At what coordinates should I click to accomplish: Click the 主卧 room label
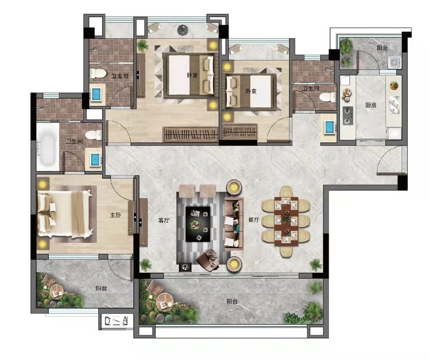click(115, 215)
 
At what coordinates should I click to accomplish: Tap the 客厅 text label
click(164, 221)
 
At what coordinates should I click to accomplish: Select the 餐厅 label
click(253, 220)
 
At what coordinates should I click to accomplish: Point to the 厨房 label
click(371, 105)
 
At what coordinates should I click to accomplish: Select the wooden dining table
click(286, 221)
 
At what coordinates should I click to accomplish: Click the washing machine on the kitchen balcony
click(395, 62)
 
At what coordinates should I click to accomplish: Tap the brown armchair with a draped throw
click(208, 260)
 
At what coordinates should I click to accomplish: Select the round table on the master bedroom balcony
click(56, 291)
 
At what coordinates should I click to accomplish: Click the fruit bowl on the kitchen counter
click(394, 86)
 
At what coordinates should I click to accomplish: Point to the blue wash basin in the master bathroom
click(95, 158)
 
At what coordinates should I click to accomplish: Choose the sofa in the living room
click(234, 224)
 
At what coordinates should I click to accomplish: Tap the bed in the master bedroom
click(65, 214)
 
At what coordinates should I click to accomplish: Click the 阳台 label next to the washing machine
click(382, 48)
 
